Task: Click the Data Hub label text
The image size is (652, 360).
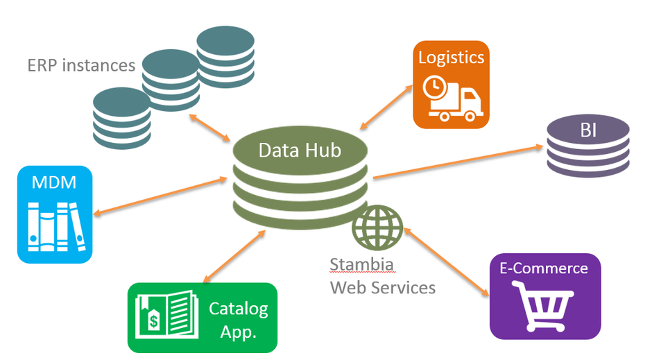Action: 300,150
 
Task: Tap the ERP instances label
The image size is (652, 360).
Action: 81,66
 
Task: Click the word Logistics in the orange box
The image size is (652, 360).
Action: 451,57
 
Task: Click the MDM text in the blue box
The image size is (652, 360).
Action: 54,183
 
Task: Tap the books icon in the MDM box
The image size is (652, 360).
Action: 54,225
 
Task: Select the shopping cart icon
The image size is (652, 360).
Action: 544,309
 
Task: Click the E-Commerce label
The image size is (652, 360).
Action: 544,268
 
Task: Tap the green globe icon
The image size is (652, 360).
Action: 377,227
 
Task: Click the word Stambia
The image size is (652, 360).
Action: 362,264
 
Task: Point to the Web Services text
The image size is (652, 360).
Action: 383,286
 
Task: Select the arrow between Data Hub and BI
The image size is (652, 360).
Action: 458,162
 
